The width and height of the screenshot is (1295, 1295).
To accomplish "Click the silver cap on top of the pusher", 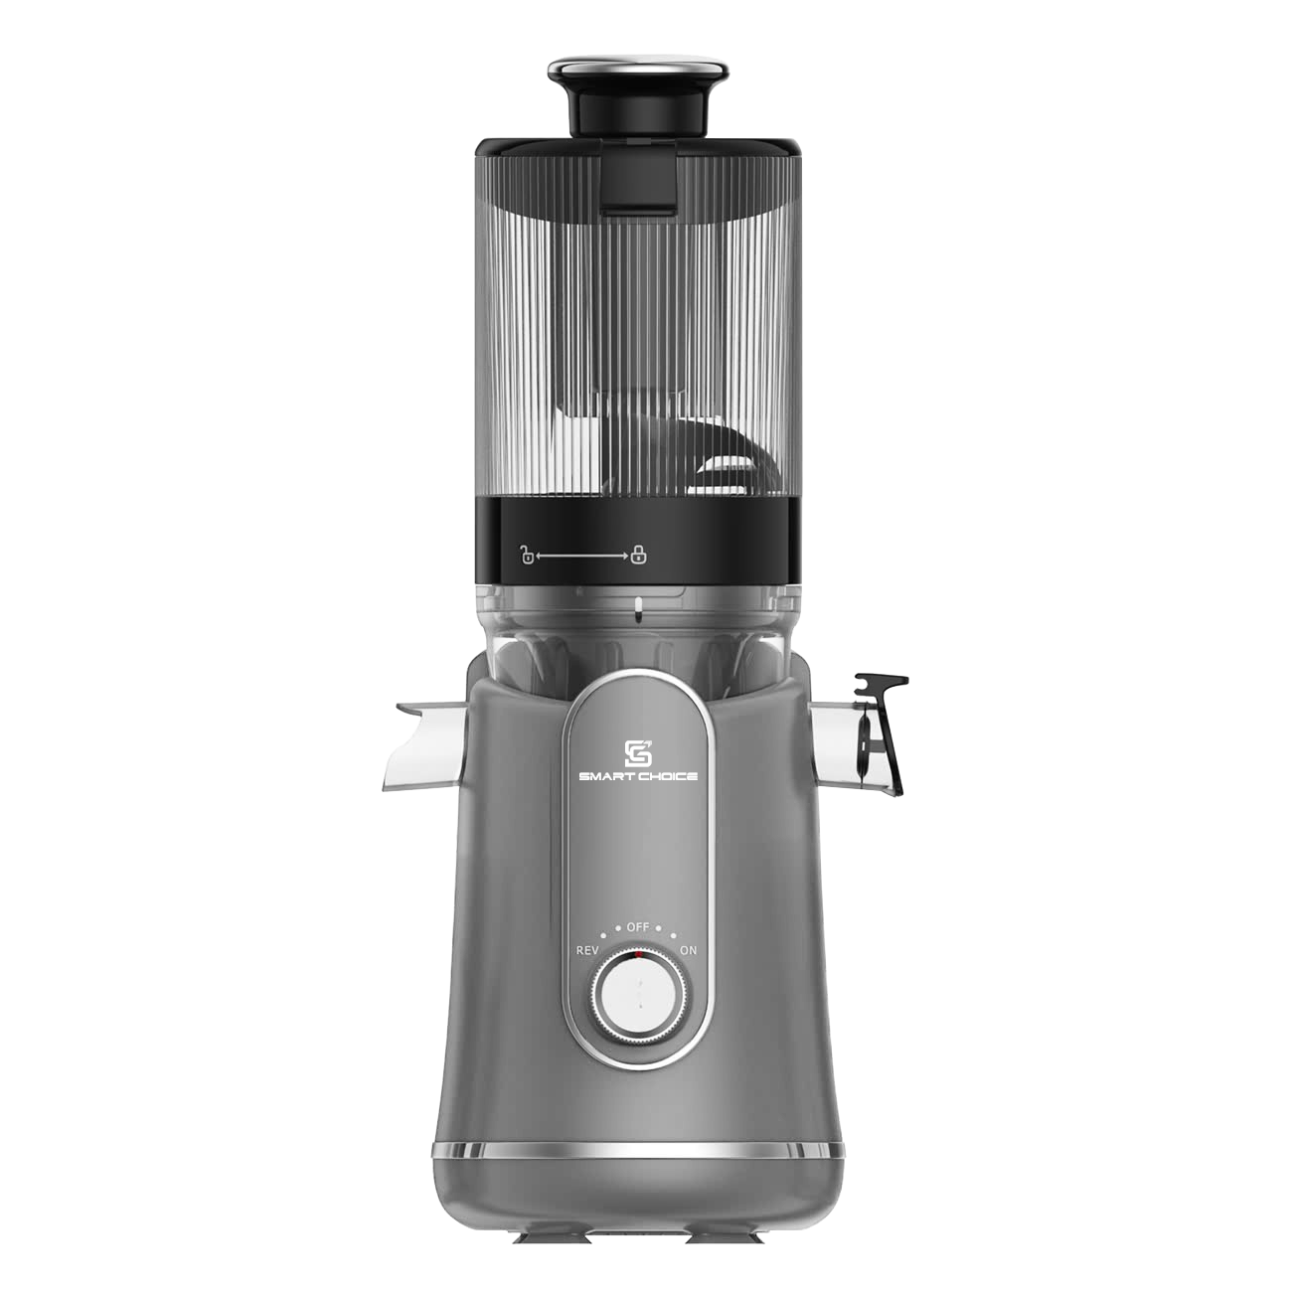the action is coord(638,69).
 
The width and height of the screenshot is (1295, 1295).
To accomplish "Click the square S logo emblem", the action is coord(638,753).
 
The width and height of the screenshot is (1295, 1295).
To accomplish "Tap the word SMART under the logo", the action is coord(604,777).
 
